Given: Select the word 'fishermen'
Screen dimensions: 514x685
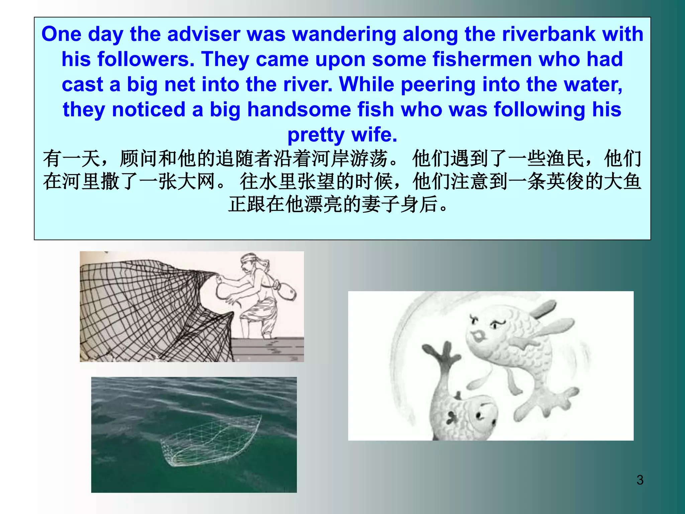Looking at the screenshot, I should pyautogui.click(x=482, y=59).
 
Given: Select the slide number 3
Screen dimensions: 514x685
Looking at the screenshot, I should pyautogui.click(x=640, y=480).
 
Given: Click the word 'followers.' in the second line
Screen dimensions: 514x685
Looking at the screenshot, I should pyautogui.click(x=146, y=59).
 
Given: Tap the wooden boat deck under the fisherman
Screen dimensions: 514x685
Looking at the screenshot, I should pyautogui.click(x=268, y=350).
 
